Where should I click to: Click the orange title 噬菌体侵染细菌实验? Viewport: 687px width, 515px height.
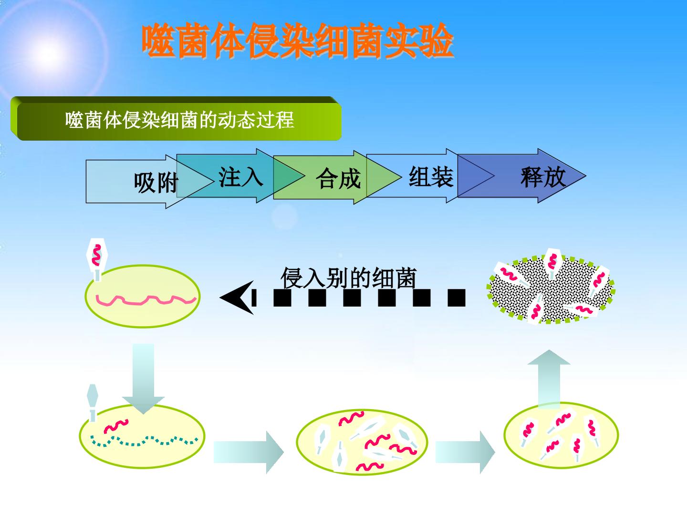297,41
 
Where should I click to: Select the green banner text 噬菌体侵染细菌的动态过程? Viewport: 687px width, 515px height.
180,120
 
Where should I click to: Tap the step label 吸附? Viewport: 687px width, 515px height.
156,183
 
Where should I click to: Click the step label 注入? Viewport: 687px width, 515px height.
240,177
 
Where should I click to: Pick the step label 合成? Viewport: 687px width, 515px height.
338,178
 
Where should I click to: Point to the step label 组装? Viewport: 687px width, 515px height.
431,176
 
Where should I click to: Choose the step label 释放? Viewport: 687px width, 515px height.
543,177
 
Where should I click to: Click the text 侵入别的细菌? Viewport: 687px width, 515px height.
348,278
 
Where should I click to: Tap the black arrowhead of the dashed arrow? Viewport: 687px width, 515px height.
237,298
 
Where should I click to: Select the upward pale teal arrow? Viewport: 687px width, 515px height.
549,379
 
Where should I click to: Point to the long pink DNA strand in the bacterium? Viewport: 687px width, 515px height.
146,300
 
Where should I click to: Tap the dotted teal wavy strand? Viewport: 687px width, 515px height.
144,441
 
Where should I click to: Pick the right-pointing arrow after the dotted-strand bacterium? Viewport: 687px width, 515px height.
249,452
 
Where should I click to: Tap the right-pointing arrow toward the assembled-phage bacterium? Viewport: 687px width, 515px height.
465,452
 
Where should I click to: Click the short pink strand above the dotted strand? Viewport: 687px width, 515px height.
116,425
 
